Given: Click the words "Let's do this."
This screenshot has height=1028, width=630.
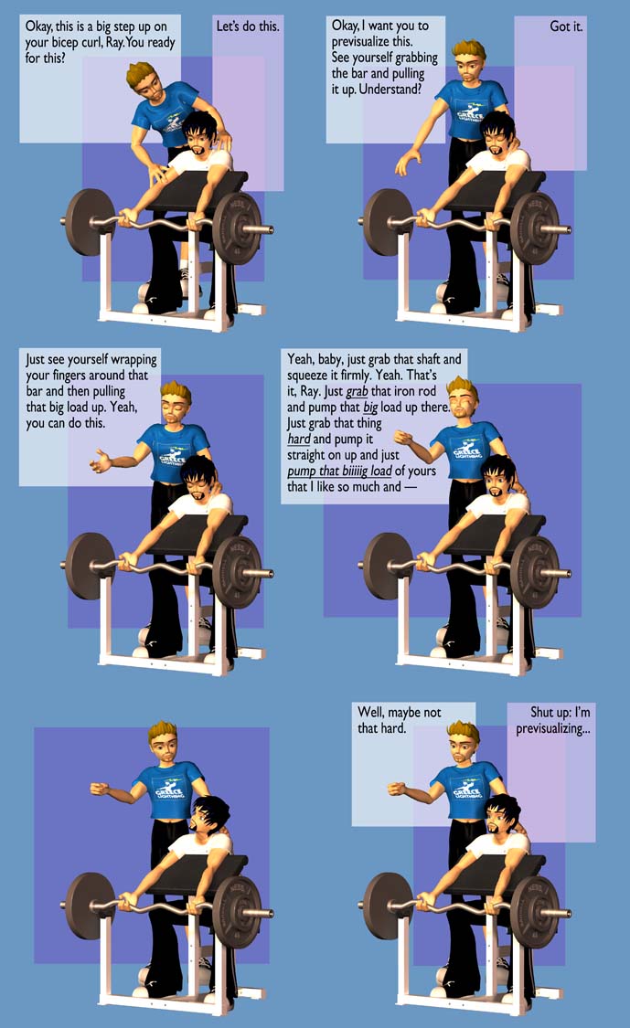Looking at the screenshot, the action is [248, 26].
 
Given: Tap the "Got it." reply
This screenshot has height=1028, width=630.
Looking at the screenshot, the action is [566, 26].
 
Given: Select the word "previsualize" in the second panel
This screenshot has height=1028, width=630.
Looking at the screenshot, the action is [372, 42].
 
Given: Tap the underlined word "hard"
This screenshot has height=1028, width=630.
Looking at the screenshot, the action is [299, 440].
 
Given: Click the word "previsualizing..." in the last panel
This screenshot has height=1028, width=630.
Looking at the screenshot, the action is [552, 728].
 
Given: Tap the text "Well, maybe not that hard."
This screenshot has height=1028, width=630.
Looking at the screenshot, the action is [399, 720].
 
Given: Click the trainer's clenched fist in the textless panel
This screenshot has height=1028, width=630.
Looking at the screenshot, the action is [100, 788].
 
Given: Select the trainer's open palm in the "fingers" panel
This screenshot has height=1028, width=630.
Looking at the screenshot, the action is [101, 461].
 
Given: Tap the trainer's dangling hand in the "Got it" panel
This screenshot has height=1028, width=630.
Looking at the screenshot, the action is [408, 161].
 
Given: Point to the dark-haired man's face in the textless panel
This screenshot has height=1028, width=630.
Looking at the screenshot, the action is [203, 819].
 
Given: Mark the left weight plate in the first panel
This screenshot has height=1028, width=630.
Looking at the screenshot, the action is [90, 222].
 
